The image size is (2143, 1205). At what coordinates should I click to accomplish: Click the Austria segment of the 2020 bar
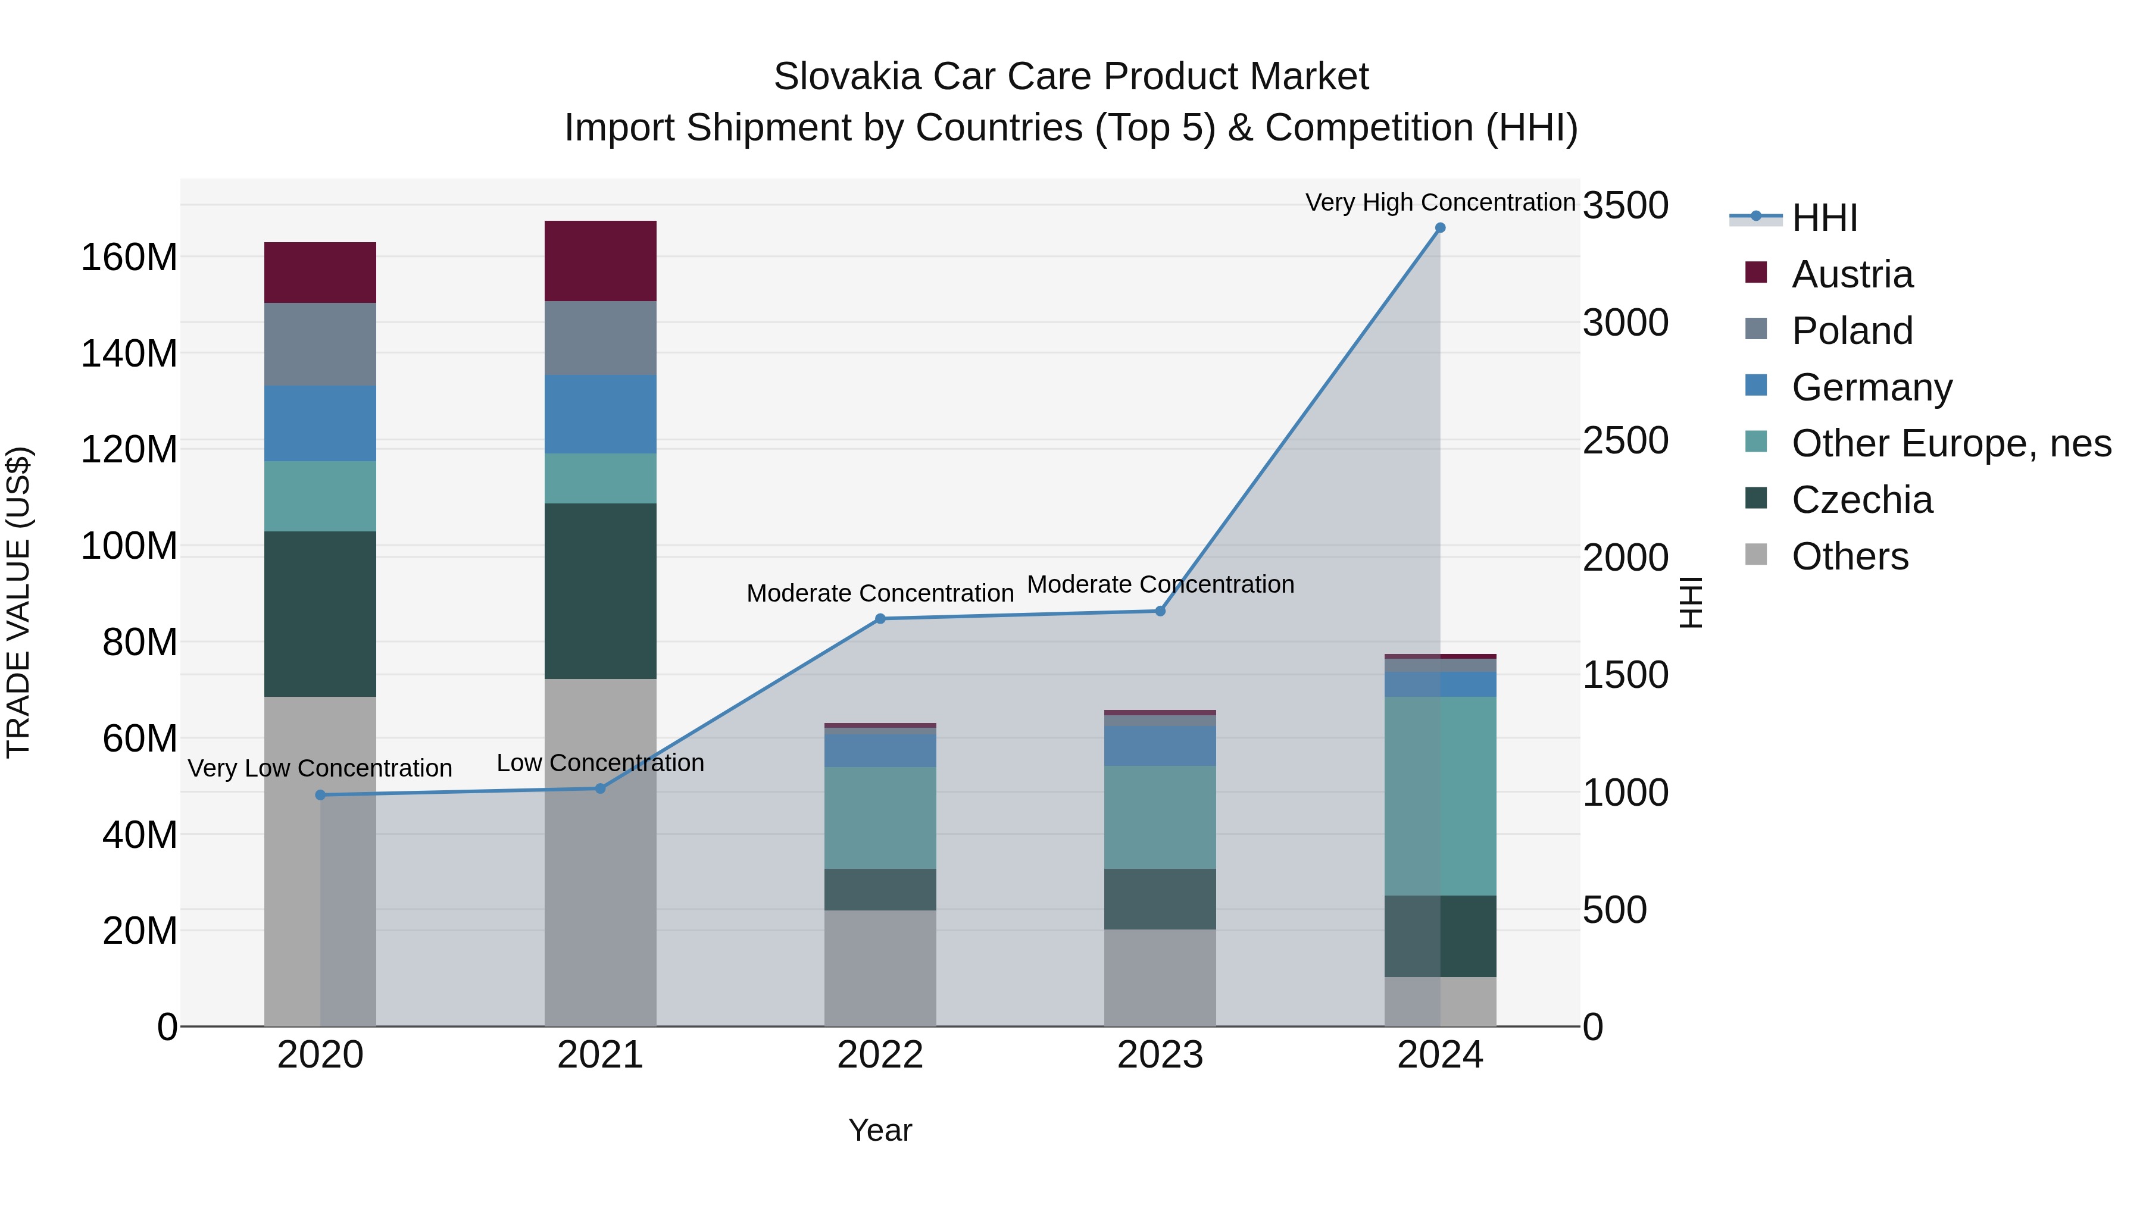[x=320, y=273]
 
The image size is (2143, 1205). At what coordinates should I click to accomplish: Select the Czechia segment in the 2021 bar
[x=600, y=591]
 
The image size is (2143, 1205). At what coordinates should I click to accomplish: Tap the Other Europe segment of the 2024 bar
[x=1440, y=796]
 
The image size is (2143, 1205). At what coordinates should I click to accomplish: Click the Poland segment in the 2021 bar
[x=600, y=337]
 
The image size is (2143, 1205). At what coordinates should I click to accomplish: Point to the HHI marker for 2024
[x=1440, y=228]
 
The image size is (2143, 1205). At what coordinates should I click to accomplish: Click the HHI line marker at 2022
[x=880, y=619]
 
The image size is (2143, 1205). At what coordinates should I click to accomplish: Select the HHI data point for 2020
[x=320, y=795]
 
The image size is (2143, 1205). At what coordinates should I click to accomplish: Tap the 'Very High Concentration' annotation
[x=1440, y=202]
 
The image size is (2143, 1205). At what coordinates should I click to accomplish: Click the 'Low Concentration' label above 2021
[x=600, y=763]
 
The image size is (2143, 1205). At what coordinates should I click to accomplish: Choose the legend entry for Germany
[x=1872, y=387]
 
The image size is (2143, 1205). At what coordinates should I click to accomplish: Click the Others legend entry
[x=1850, y=556]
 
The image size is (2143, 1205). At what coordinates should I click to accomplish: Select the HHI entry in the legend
[x=1825, y=218]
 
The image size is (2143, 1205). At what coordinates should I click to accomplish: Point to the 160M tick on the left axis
[x=129, y=257]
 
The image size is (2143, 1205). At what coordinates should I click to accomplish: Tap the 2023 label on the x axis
[x=1160, y=1055]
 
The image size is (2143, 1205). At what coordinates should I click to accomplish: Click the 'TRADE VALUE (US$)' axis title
[x=18, y=602]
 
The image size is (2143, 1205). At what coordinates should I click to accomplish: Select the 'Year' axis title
[x=880, y=1130]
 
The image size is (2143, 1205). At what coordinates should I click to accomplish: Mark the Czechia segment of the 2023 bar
[x=1160, y=899]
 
